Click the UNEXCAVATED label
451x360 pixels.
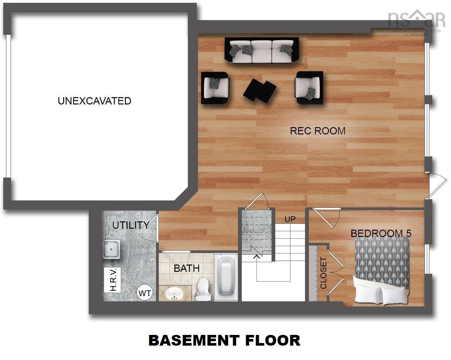click(x=94, y=101)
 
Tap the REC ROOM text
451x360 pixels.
click(x=317, y=131)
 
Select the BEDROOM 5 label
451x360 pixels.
click(x=381, y=233)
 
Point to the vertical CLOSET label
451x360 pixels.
click(x=324, y=273)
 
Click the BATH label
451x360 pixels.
click(x=186, y=268)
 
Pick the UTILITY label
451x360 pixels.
click(x=131, y=225)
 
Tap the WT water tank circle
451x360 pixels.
click(x=145, y=294)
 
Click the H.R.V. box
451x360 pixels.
click(x=113, y=280)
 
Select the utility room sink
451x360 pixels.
click(x=111, y=249)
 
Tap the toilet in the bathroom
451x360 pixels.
click(x=203, y=289)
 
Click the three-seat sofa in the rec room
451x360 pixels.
click(x=262, y=51)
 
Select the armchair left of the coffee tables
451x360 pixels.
click(x=215, y=87)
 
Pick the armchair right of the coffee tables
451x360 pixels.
click(x=309, y=87)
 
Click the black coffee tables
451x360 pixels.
click(x=259, y=91)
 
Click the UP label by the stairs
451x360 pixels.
click(x=290, y=219)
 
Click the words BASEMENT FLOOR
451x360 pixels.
click(x=224, y=340)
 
